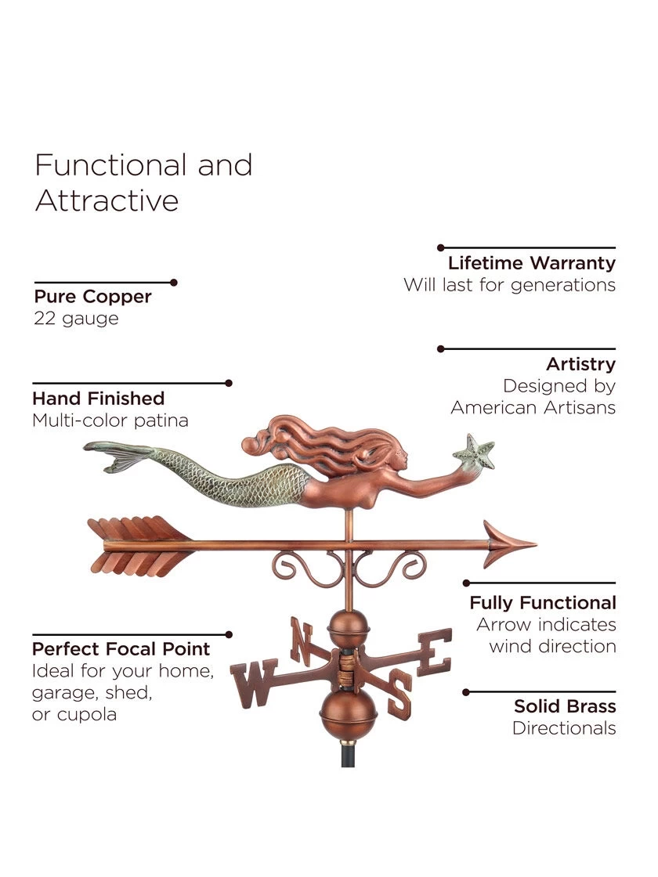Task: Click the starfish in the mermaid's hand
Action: (475, 453)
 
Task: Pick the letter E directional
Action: (436, 650)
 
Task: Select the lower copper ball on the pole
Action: (349, 710)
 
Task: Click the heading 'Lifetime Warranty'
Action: (531, 263)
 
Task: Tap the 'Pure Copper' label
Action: (92, 297)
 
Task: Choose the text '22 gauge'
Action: (76, 319)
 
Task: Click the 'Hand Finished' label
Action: (98, 399)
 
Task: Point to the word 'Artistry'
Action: (580, 364)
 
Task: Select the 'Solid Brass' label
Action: (565, 706)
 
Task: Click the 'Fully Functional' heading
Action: (543, 603)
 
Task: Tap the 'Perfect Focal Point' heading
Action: (121, 649)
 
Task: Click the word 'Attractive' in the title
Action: (107, 201)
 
